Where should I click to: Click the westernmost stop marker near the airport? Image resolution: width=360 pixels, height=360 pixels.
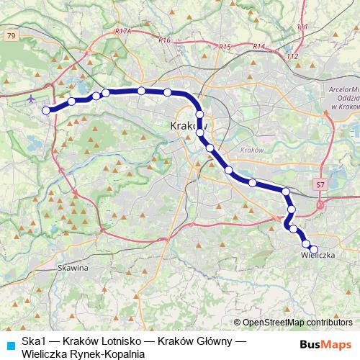[x=47, y=110]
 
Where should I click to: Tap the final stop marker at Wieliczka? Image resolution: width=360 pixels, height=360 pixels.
[x=313, y=249]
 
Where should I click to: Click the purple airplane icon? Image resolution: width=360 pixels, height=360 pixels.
[x=32, y=99]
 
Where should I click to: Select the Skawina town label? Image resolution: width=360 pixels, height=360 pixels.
[x=72, y=268]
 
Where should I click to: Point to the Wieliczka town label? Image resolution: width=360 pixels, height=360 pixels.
[x=318, y=256]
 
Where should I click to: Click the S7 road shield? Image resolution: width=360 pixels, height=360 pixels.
[x=320, y=185]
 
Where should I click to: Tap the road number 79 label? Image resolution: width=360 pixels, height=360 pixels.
[x=10, y=35]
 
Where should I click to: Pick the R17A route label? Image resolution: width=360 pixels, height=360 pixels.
[x=122, y=32]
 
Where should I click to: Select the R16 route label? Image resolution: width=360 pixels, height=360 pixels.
[x=164, y=40]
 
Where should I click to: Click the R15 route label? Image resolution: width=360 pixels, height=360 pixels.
[x=225, y=47]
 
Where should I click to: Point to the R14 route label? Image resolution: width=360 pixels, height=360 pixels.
[x=259, y=47]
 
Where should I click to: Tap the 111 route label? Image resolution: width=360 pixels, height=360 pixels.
[x=301, y=27]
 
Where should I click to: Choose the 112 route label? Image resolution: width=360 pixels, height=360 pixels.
[x=292, y=56]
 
